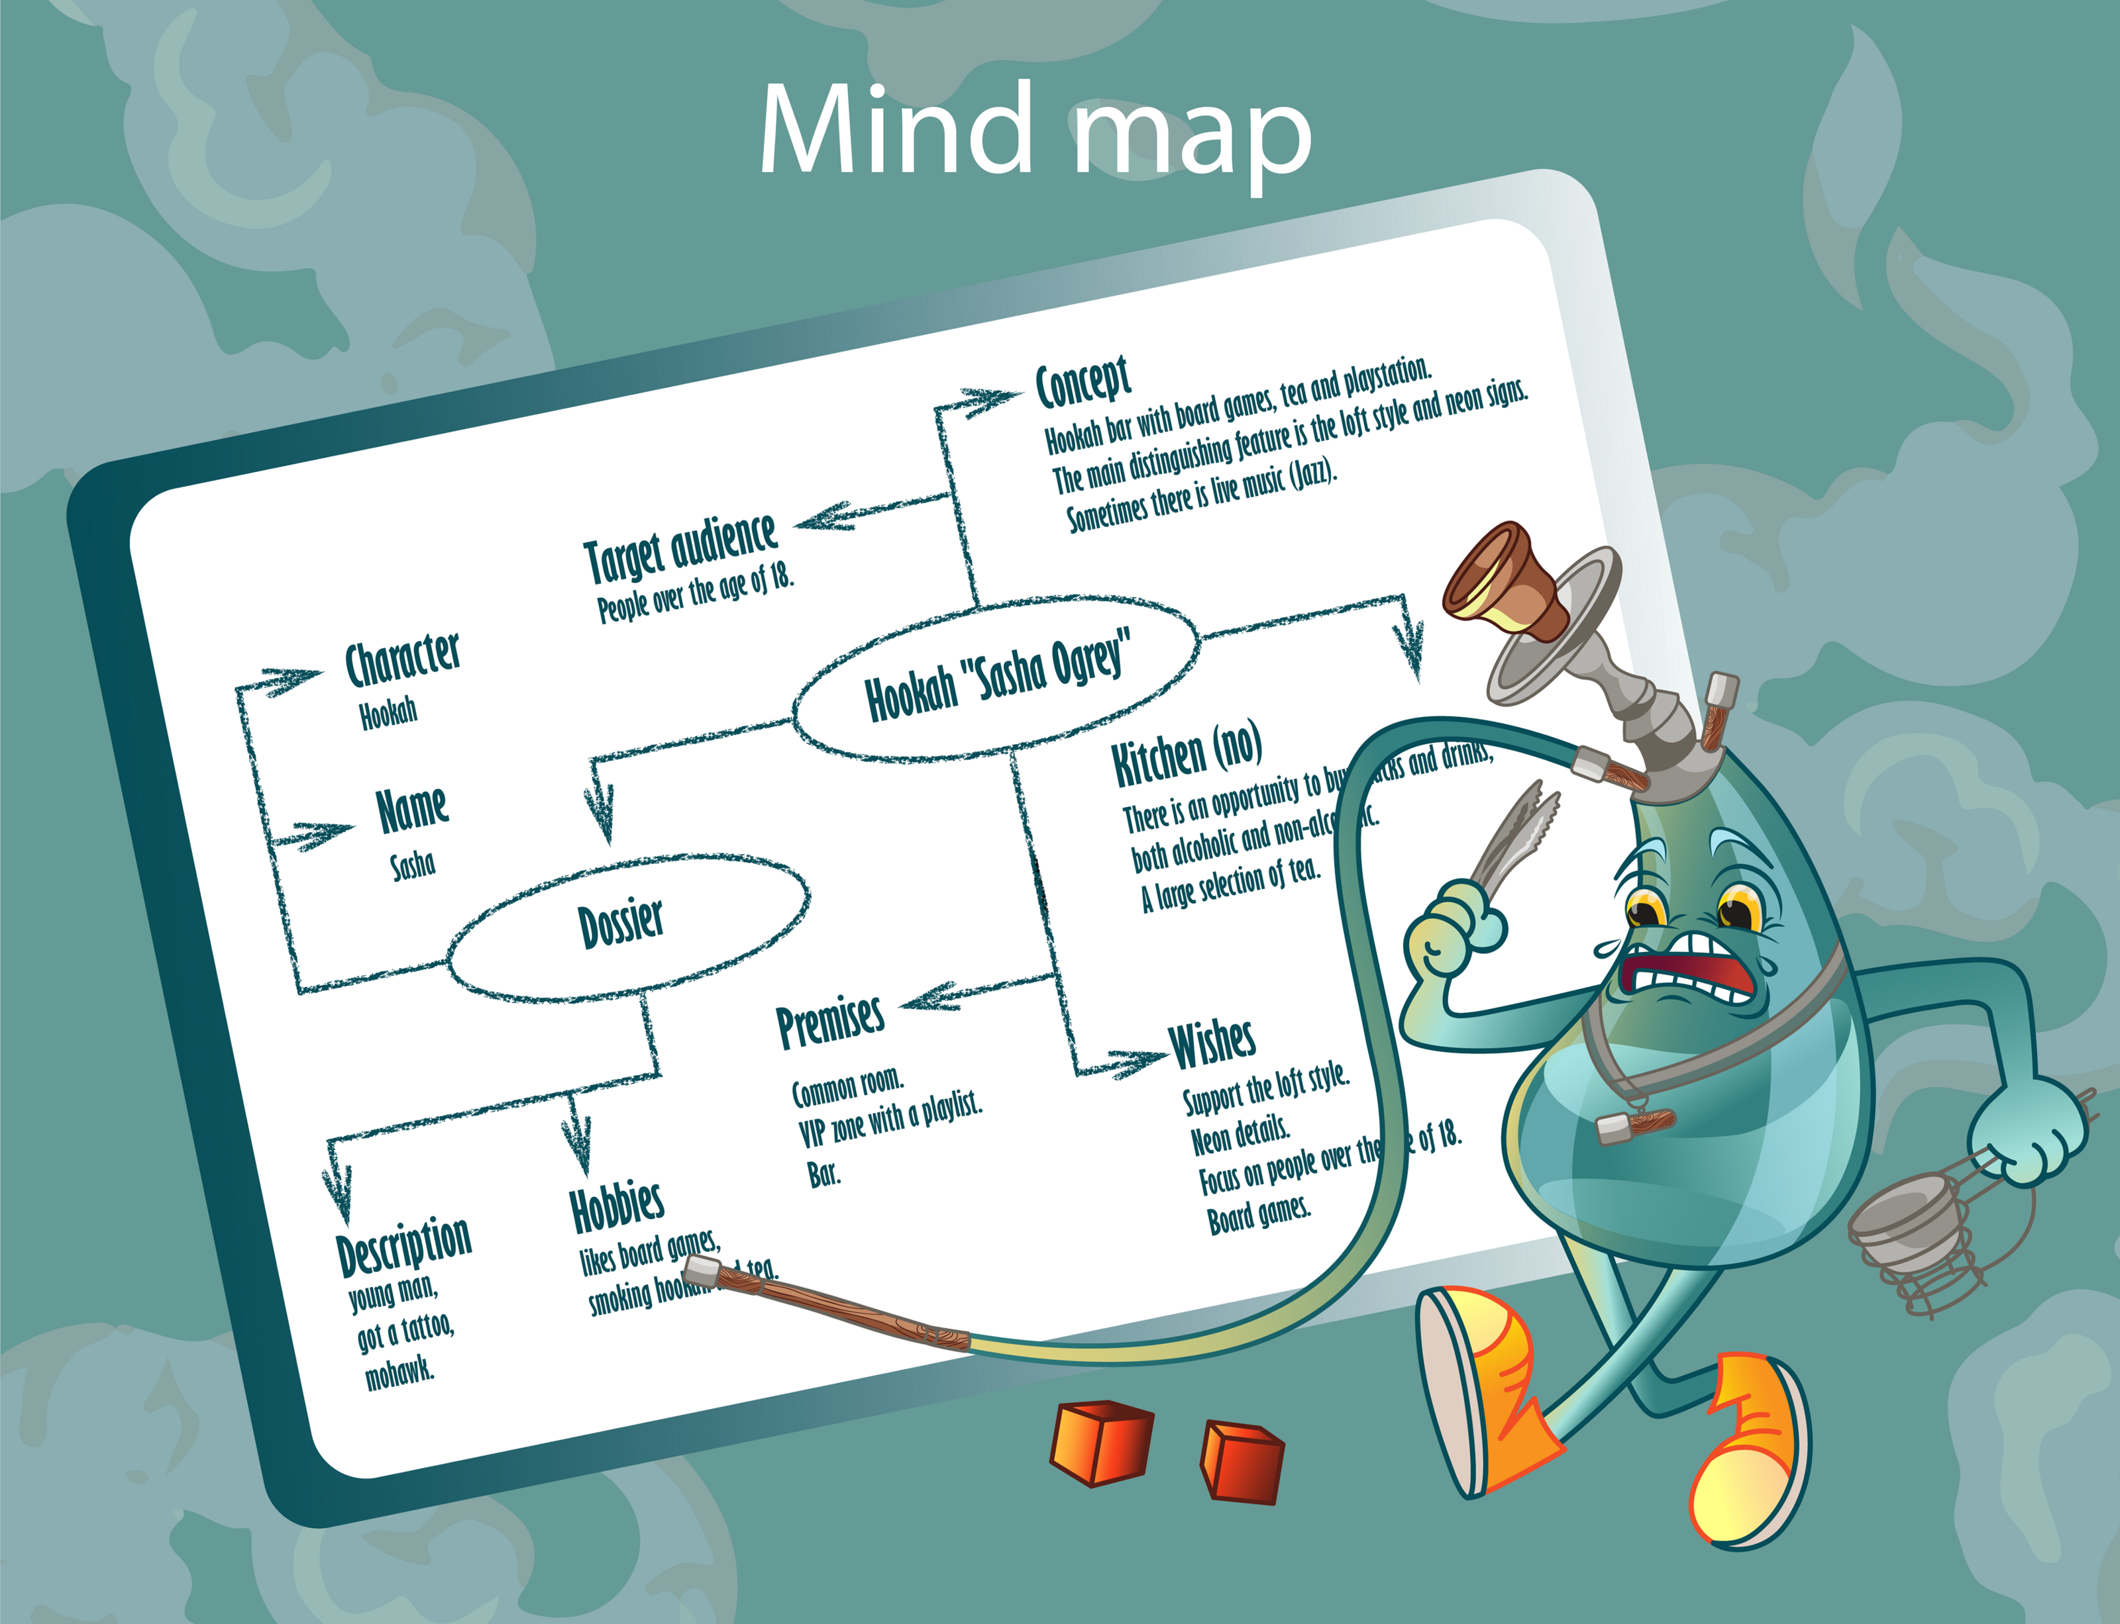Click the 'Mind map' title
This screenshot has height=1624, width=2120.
click(1035, 130)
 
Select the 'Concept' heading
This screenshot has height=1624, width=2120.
click(1083, 382)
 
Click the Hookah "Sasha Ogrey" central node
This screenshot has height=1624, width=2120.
click(996, 677)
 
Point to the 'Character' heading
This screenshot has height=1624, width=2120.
click(402, 659)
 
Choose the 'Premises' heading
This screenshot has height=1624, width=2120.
click(830, 1022)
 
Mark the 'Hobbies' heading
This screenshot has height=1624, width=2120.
click(617, 1206)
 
